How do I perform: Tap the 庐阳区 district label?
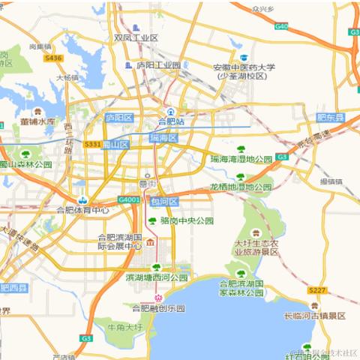[118, 118]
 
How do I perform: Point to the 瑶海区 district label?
[163, 138]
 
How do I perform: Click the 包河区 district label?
[163, 201]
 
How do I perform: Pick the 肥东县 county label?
[330, 118]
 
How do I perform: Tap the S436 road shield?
[52, 57]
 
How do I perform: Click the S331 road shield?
[93, 144]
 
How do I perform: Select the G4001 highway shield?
[129, 200]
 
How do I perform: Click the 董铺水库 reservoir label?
[37, 121]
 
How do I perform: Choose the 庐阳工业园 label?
[158, 65]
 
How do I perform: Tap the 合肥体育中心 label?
[82, 210]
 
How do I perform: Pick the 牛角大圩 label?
[124, 328]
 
